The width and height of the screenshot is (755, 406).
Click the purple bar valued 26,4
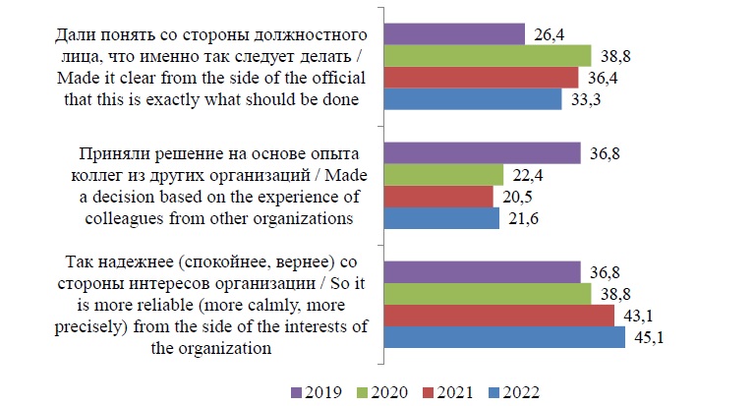point(453,34)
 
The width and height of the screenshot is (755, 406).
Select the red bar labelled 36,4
point(481,77)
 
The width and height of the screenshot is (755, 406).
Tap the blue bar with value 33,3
point(472,99)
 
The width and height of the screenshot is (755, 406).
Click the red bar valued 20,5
point(437,197)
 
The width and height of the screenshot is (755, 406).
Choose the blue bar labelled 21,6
point(440,218)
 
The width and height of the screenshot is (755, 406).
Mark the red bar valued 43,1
point(498,316)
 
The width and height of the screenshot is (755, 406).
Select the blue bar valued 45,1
point(503,337)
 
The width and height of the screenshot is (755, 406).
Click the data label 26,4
point(549,34)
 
